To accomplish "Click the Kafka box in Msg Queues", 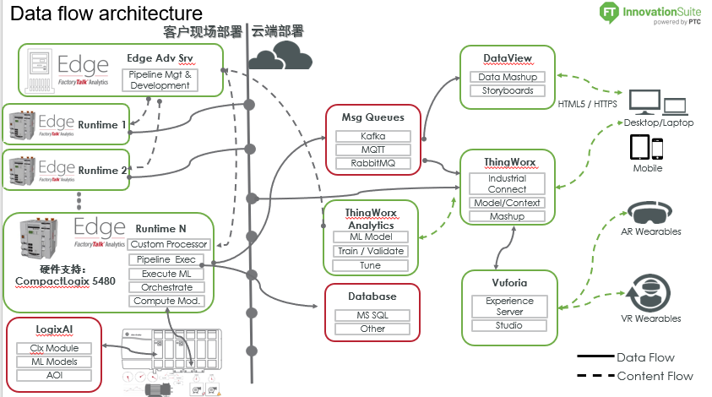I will pos(373,136).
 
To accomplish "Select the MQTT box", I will pos(373,150).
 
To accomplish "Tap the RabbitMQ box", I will pos(373,163).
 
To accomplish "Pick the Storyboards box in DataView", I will pos(508,90).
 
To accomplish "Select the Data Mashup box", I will pos(508,77).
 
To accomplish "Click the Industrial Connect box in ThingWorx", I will pos(507,183).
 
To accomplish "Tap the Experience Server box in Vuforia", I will pos(508,306).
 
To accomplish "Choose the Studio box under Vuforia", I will pos(508,325).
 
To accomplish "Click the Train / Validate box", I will pos(370,251).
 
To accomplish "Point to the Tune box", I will pos(370,265).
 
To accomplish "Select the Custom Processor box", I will pos(167,244).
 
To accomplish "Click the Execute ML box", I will pos(167,273).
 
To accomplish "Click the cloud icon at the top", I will pos(279,57).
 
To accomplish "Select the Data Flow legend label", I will pos(646,357).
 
